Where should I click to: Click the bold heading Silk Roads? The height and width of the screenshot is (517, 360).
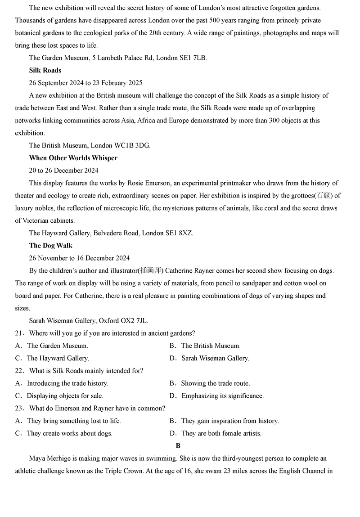(x=45, y=70)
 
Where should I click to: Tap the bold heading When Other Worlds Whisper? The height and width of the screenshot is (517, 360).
(x=73, y=158)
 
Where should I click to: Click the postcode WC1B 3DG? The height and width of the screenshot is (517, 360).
(x=134, y=145)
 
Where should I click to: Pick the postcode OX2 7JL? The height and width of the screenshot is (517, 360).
(x=134, y=321)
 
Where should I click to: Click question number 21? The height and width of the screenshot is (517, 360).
(x=19, y=333)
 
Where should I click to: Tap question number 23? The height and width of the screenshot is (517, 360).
(x=19, y=408)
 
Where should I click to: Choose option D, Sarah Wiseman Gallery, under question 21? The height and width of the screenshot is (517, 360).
(x=215, y=358)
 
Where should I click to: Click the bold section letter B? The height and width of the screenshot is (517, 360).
(x=178, y=446)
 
